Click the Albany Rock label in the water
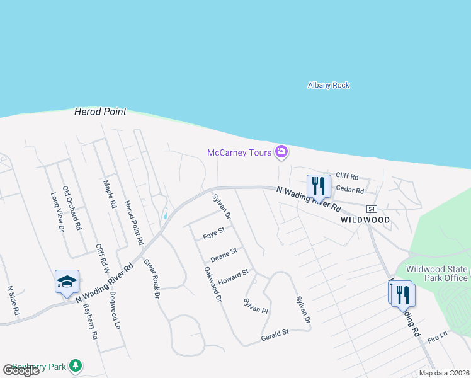pos(328,85)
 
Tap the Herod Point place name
pos(100,112)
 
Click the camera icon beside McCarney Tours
pos(281,151)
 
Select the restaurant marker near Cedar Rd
pos(319,186)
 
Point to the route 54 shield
pos(372,209)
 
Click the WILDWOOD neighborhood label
pos(365,220)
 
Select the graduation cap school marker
pos(67,282)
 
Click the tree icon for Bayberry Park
pos(76,365)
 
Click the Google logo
pos(21,370)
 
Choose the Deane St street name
pos(224,254)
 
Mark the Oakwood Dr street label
pos(213,283)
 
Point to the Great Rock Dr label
pos(152,278)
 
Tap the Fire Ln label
pos(436,338)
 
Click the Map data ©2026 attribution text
pos(443,373)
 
